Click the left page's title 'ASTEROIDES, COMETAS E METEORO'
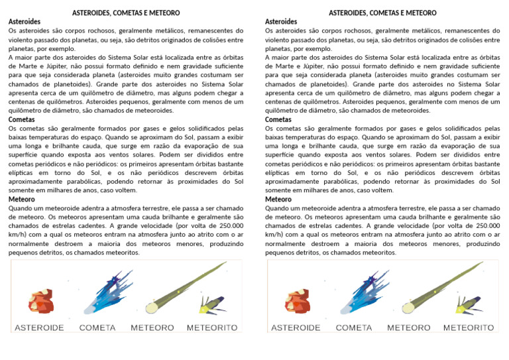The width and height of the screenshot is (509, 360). (126, 13)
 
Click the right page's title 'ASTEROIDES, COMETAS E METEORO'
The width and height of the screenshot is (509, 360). (382, 13)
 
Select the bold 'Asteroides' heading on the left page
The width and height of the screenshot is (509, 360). (24, 22)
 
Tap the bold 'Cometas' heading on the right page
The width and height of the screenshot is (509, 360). (278, 119)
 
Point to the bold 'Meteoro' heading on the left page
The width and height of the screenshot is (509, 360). (21, 199)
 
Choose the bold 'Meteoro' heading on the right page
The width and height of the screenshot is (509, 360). (278, 199)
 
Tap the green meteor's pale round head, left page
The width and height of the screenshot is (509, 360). (152, 308)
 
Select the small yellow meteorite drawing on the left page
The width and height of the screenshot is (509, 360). (211, 304)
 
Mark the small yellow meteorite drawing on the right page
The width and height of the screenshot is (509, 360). (467, 304)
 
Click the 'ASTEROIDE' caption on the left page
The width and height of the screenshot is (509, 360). (39, 328)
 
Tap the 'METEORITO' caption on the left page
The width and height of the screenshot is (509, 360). (212, 328)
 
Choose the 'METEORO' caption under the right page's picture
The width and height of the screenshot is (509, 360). (409, 328)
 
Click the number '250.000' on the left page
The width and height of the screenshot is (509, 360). (228, 226)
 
